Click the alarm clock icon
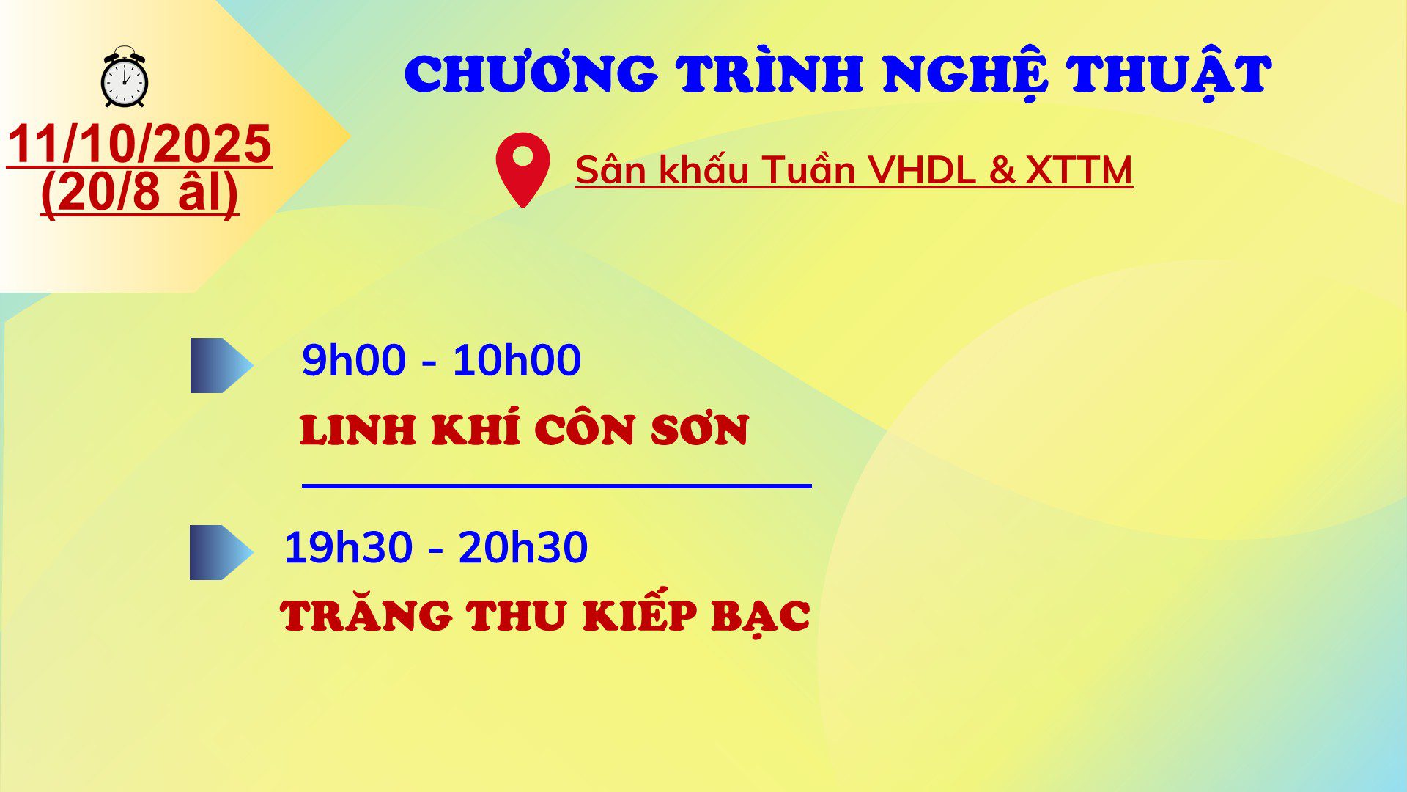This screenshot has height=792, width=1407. [125, 77]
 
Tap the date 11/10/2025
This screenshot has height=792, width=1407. [139, 144]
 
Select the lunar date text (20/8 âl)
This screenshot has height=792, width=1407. [139, 192]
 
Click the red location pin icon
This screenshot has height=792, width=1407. [522, 169]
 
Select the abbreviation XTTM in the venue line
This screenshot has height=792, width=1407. [1079, 170]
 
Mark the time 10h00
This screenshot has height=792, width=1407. [517, 360]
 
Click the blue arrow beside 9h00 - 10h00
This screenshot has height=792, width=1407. [221, 365]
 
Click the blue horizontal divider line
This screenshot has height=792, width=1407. [557, 485]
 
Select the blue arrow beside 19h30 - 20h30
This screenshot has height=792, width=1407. [221, 552]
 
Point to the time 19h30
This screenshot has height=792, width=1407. [348, 547]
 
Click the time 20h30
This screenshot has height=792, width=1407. [523, 547]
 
